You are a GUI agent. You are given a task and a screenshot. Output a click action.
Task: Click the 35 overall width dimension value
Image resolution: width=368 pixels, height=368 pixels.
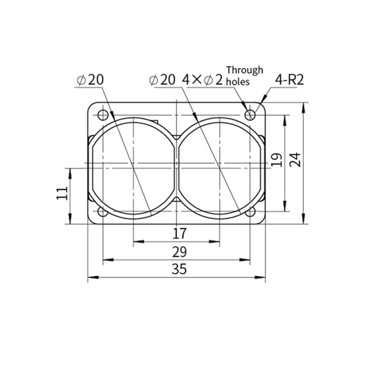pos(179,269)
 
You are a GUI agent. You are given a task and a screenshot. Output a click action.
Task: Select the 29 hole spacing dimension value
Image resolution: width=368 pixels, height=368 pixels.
pos(179,252)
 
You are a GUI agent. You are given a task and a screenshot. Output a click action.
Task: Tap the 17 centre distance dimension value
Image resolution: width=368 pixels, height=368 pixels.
pos(179,234)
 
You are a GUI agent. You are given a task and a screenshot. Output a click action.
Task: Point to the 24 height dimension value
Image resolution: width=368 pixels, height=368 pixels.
pos(295,160)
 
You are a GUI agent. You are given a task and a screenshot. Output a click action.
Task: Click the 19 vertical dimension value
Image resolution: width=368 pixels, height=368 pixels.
pos(276,160)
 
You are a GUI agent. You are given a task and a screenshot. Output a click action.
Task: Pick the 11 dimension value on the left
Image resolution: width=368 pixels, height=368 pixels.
pos(62,193)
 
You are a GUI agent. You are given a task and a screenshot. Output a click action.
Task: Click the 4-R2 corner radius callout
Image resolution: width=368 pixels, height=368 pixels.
pos(289,80)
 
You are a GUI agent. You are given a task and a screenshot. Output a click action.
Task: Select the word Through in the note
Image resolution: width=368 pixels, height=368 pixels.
pos(245,70)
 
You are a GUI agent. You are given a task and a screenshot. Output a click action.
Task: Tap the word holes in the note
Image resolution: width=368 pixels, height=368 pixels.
pos(237,82)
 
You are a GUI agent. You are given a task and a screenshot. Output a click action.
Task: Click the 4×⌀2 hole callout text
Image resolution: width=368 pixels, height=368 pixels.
pos(202,80)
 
